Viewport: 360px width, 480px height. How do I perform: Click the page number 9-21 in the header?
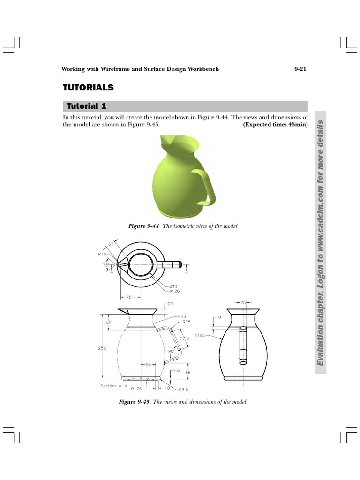pos(300,69)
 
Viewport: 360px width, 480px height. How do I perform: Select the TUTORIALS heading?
pos(89,88)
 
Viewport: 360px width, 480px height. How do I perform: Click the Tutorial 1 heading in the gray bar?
pos(87,106)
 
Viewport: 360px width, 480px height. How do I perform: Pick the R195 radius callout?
pos(212,335)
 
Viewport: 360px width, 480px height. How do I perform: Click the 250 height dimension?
pos(102,348)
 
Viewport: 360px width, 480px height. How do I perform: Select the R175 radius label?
pos(136,389)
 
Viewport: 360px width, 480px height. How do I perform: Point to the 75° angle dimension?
pos(106,265)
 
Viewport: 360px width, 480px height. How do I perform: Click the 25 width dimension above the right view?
pos(243,303)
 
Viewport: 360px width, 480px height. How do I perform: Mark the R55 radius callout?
pos(182,317)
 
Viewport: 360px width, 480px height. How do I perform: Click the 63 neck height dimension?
pos(108,322)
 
